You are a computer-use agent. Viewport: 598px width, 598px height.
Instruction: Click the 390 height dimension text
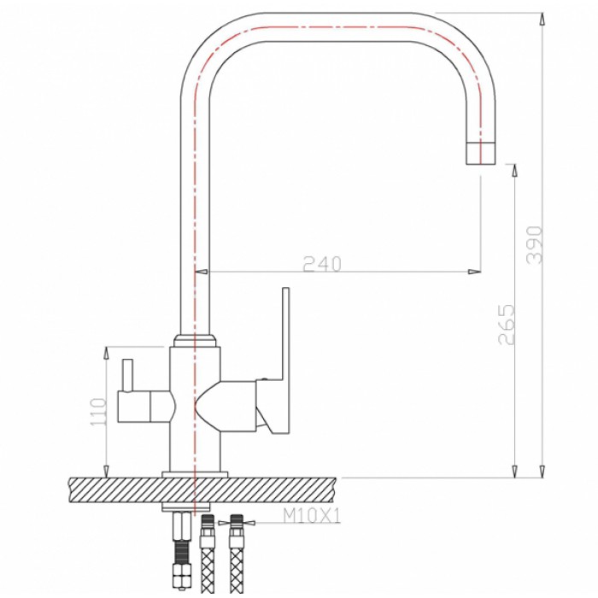(x=535, y=245)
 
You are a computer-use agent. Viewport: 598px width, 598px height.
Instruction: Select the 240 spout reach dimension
(x=321, y=264)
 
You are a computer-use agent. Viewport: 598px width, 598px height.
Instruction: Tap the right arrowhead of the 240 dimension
(x=474, y=273)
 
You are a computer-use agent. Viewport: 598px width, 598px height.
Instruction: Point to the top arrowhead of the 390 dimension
(x=542, y=18)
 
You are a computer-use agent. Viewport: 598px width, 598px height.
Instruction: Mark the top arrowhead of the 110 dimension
(x=105, y=352)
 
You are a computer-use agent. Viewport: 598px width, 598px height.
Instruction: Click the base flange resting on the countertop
(x=196, y=472)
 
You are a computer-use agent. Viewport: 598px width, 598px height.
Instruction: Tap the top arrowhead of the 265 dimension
(x=514, y=169)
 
